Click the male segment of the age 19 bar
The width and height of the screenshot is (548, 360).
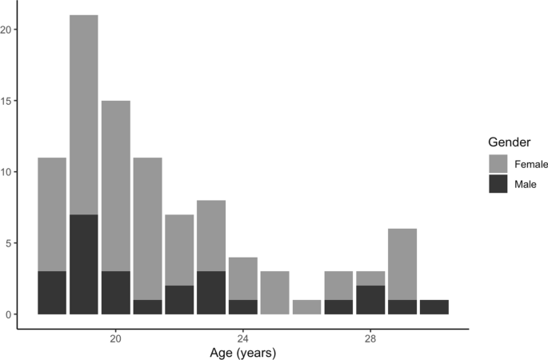tap(84, 264)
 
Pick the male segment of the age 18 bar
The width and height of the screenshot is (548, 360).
tap(52, 293)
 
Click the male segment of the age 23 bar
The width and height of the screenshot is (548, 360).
tap(211, 293)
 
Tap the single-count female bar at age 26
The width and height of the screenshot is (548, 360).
tap(307, 307)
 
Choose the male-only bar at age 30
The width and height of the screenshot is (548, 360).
tap(434, 307)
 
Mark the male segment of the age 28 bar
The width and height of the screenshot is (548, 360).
tap(371, 300)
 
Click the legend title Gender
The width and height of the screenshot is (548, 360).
tap(511, 142)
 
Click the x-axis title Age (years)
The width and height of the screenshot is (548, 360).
tap(243, 351)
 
